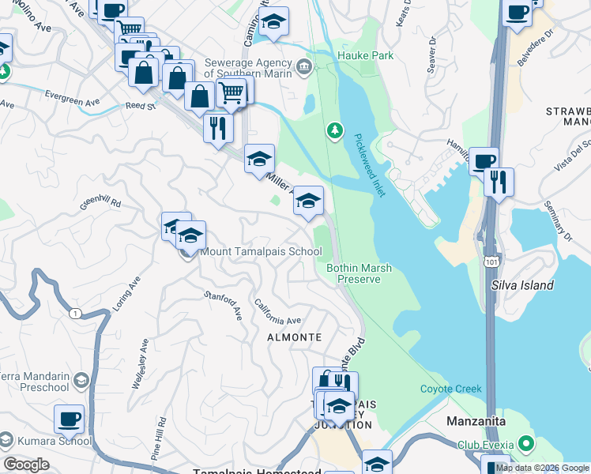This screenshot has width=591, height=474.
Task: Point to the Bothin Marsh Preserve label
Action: pyautogui.click(x=359, y=273)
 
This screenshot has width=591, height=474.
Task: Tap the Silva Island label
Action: pyautogui.click(x=522, y=285)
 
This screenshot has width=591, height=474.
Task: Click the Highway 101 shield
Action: pyautogui.click(x=492, y=260)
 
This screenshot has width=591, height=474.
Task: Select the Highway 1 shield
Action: pyautogui.click(x=74, y=314)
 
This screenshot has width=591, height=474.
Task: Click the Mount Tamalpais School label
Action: pyautogui.click(x=261, y=252)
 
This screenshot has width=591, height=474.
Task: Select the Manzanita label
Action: pyautogui.click(x=476, y=421)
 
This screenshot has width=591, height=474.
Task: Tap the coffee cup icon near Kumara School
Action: pyautogui.click(x=69, y=418)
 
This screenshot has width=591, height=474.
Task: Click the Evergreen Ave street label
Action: pyautogui.click(x=73, y=102)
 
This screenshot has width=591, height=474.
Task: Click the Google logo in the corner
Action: pyautogui.click(x=26, y=465)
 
